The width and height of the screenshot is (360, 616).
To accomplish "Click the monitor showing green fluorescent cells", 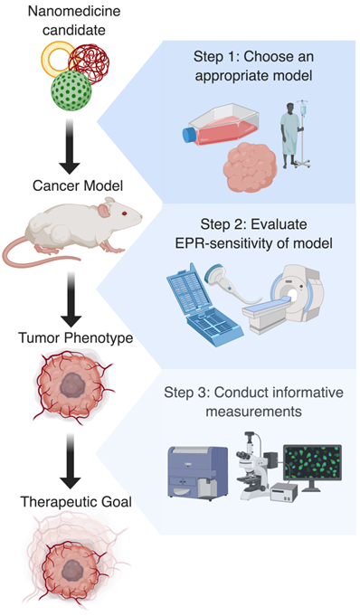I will tap(311, 464).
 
